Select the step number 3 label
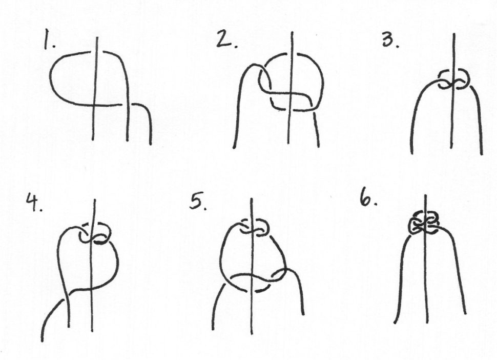pos(390,41)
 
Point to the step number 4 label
pos(34,203)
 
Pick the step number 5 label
pos(198,202)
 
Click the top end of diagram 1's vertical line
pos(97,38)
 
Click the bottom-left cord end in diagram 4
pos(42,341)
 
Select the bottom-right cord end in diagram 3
pos(482,154)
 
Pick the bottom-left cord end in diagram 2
pos(234,147)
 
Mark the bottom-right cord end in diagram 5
pos(303,314)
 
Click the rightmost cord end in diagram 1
pos(151,144)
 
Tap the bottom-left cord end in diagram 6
pos(395,323)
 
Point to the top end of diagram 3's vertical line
pos(454,34)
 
